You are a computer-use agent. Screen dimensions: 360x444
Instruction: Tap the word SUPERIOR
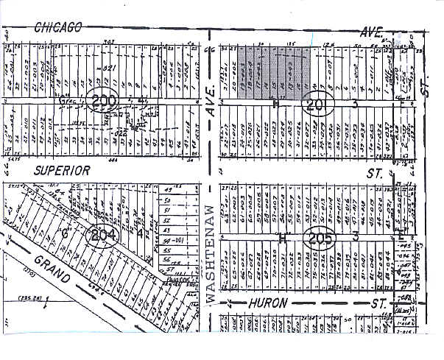click(62, 170)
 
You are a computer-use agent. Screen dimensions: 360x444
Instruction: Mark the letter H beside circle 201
click(276, 103)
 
